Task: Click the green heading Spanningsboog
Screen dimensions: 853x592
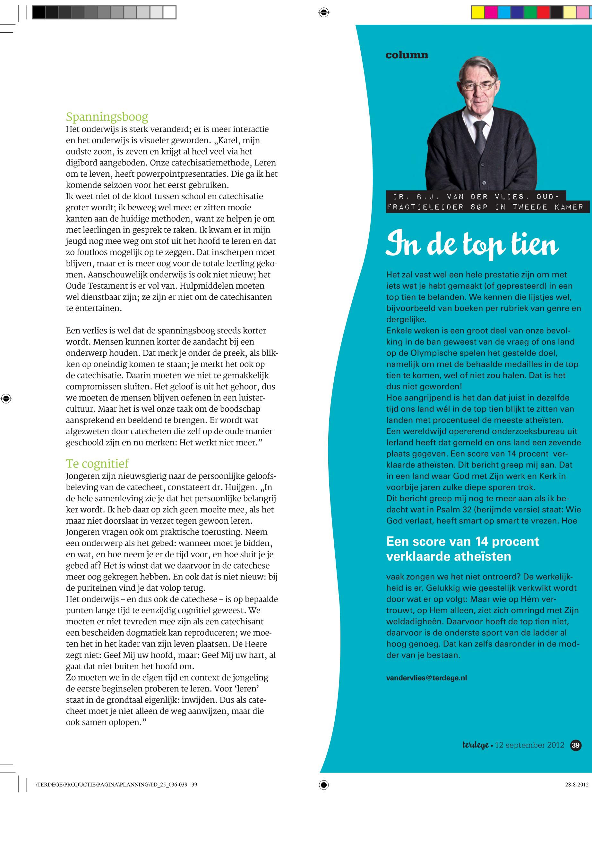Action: tap(107, 117)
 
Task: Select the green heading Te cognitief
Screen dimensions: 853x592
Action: tap(97, 463)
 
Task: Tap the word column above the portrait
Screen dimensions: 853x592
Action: tap(407, 55)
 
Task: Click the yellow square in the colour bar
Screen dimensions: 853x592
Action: tap(478, 13)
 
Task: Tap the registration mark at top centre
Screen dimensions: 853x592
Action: tap(323, 13)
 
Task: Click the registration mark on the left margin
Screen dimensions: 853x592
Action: tap(6, 399)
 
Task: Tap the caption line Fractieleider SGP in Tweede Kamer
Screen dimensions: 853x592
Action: tap(487, 207)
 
